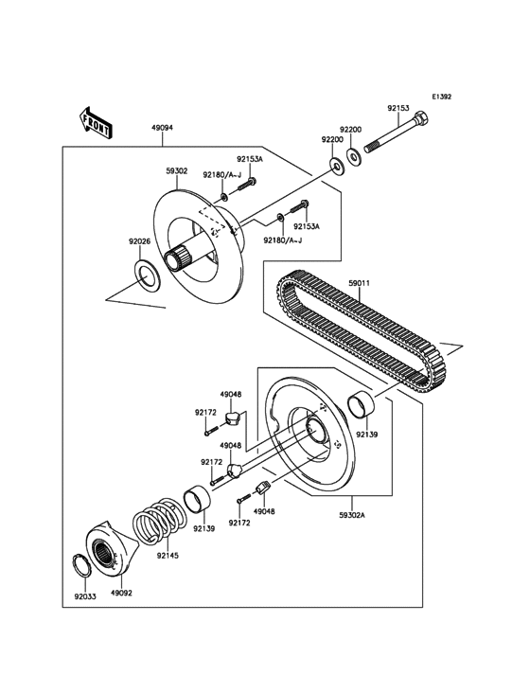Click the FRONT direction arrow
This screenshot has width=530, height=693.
click(96, 121)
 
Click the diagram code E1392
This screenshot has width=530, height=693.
click(442, 97)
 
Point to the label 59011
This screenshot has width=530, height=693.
click(360, 281)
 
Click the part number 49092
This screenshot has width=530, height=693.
click(120, 594)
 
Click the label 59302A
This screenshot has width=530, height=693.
click(352, 516)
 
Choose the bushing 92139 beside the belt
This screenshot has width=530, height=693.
click(365, 407)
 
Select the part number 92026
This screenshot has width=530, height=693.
click(140, 241)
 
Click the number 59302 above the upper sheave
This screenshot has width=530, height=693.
click(177, 171)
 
